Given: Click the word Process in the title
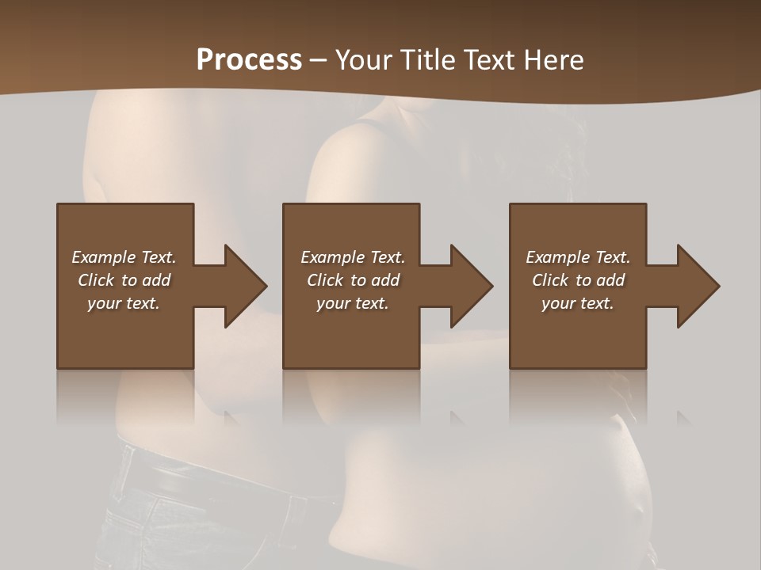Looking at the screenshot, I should pyautogui.click(x=249, y=59).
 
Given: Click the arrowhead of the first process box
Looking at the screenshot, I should pyautogui.click(x=243, y=286).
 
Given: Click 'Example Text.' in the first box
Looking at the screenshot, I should pyautogui.click(x=124, y=257).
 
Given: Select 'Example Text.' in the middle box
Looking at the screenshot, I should pyautogui.click(x=352, y=257).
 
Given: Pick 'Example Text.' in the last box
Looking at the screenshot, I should pyautogui.click(x=578, y=257).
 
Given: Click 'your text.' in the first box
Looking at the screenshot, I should pyautogui.click(x=124, y=303).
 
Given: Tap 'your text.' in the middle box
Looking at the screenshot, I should pyautogui.click(x=352, y=303).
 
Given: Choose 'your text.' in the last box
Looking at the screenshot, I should pyautogui.click(x=578, y=303).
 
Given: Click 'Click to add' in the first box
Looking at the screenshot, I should pyautogui.click(x=124, y=280).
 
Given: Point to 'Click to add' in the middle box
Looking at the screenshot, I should pyautogui.click(x=352, y=280).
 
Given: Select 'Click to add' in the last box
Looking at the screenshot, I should pyautogui.click(x=578, y=280).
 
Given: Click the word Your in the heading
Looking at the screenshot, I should pyautogui.click(x=361, y=59).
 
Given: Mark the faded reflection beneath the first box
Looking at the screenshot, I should pyautogui.click(x=124, y=396).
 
